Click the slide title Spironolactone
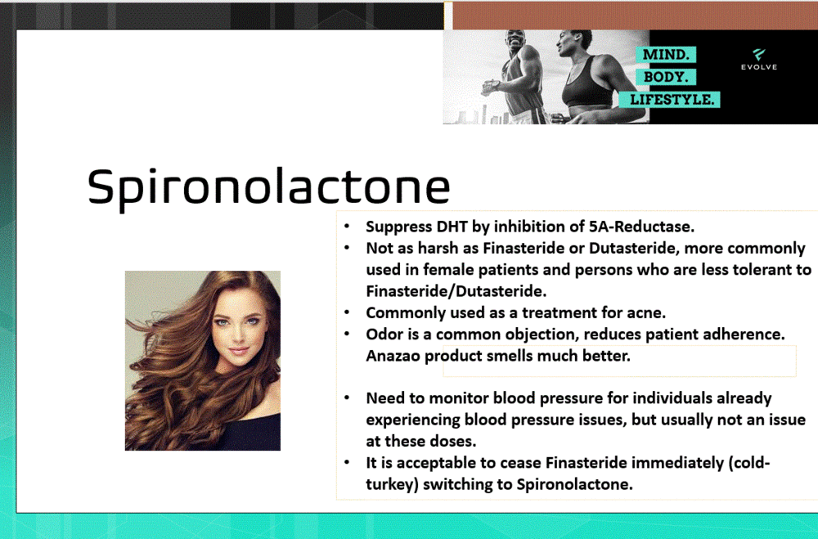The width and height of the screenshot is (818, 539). tap(268, 186)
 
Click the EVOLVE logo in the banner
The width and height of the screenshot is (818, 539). tap(759, 59)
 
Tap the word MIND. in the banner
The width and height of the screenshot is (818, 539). tap(668, 55)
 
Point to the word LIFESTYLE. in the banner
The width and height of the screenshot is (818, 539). tap(674, 100)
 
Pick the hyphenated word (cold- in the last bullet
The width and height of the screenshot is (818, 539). tap(746, 463)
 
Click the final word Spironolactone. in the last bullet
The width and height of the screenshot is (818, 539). tap(575, 484)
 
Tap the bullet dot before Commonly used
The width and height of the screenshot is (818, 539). tap(348, 313)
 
